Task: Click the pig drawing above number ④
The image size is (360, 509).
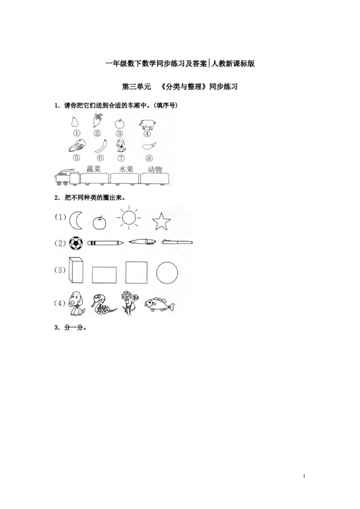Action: point(147,124)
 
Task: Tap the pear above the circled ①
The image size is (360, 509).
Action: point(75,122)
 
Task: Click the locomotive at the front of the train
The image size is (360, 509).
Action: point(67,177)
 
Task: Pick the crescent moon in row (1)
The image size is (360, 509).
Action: point(76,220)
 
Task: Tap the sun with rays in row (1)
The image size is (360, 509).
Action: point(129,218)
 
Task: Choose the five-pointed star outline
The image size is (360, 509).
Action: point(161,221)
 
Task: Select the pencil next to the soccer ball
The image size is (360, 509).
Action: point(106,243)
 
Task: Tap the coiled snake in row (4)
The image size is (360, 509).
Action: point(103,305)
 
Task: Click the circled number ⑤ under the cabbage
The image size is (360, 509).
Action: point(76,157)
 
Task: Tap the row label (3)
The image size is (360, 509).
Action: point(60,270)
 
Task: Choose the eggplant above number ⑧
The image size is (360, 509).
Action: point(149,145)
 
